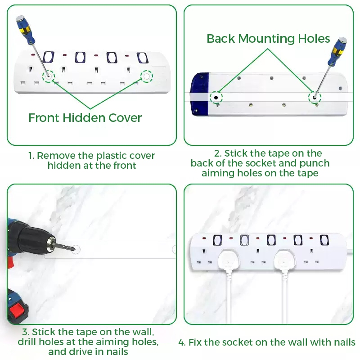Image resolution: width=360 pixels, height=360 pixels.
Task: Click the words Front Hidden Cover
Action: [85, 118]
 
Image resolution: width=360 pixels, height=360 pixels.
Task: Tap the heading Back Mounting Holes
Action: [268, 38]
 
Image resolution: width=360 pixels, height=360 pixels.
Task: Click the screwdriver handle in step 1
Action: [25, 29]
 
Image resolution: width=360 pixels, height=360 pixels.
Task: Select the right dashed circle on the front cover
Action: [147, 76]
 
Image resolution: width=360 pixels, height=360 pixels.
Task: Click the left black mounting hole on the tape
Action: [216, 98]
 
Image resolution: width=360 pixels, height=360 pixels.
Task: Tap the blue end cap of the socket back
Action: [200, 94]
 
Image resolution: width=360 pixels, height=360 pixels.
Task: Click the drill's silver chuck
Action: [51, 244]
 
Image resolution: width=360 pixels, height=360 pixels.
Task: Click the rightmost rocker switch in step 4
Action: [324, 240]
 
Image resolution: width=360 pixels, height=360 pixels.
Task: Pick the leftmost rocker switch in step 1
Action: [49, 57]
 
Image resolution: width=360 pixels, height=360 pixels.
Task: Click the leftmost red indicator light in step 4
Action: [204, 238]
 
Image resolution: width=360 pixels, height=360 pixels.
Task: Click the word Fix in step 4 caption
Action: [195, 342]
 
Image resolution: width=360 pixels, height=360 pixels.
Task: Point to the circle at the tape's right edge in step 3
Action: [174, 249]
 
